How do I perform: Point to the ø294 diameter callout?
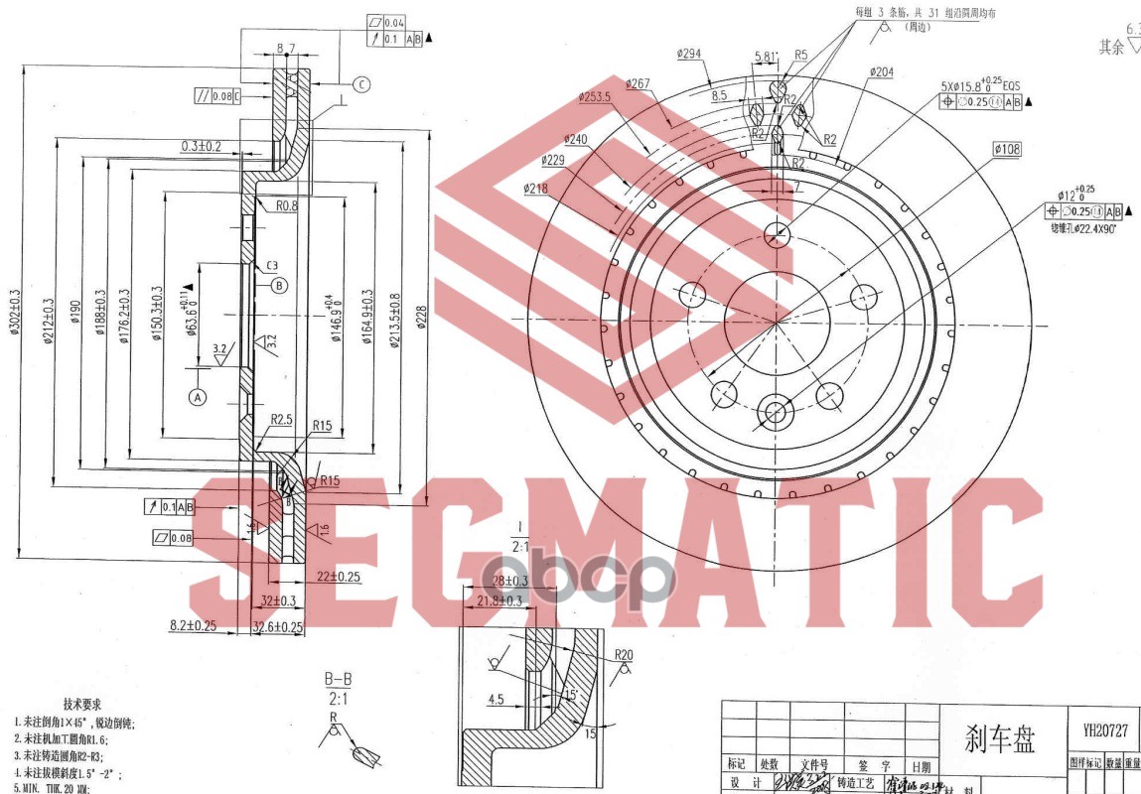pyautogui.click(x=690, y=54)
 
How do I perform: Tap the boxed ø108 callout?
pyautogui.click(x=1007, y=150)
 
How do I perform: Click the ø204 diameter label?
pyautogui.click(x=880, y=71)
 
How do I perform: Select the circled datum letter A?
pyautogui.click(x=197, y=397)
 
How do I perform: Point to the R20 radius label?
pyautogui.click(x=624, y=655)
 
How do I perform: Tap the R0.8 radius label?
pyautogui.click(x=287, y=205)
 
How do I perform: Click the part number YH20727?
pyautogui.click(x=1104, y=729)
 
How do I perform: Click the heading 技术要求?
pyautogui.click(x=81, y=704)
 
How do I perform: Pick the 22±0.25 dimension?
pyautogui.click(x=339, y=577)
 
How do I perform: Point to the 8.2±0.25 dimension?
pyautogui.click(x=194, y=625)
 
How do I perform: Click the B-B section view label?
pyautogui.click(x=339, y=680)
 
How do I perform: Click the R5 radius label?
pyautogui.click(x=800, y=55)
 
